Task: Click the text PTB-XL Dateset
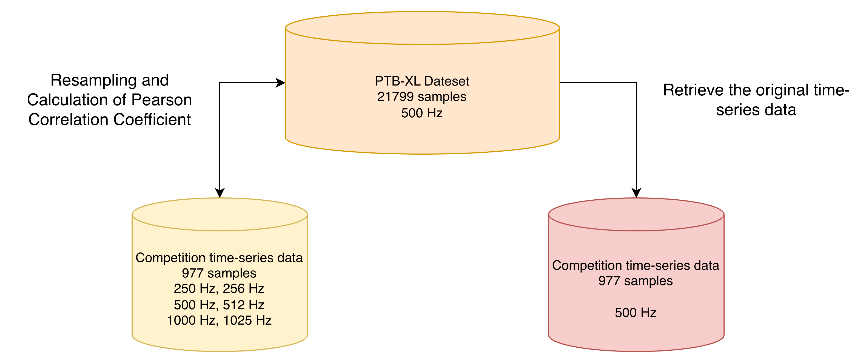422,81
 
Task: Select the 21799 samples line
422,97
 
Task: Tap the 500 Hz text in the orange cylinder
422,113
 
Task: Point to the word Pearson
161,100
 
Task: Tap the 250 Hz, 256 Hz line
219,289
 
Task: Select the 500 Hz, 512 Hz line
219,305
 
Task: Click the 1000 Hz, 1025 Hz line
219,320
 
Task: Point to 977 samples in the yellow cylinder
219,273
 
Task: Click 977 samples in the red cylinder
636,281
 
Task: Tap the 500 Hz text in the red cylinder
636,313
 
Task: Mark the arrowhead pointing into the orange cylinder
281,83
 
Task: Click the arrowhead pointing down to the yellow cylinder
220,193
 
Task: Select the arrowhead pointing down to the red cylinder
636,193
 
